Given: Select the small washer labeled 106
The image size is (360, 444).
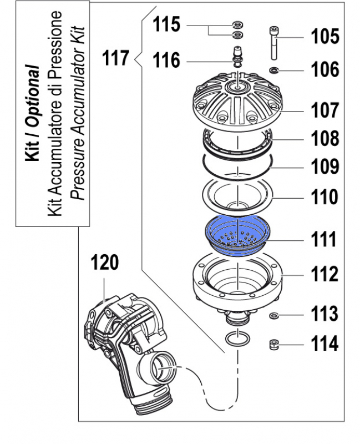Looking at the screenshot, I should pos(274,70).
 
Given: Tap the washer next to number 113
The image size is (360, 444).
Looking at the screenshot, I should pos(273,316).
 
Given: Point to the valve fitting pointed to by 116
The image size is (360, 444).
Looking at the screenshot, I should pos(237,57).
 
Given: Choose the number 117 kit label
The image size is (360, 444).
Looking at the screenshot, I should pos(116,57).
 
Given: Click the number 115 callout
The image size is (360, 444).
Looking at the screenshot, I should pos(167,26).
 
